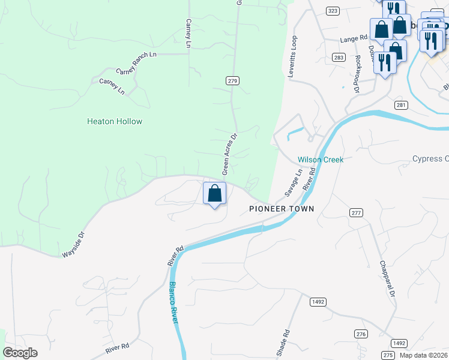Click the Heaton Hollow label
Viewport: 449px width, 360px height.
coord(115,121)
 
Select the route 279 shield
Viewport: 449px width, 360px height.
coord(234,81)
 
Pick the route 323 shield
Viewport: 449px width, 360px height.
coord(333,11)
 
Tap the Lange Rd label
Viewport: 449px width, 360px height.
coord(354,38)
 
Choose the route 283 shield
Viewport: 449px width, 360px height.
coord(339,57)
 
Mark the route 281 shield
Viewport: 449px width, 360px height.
coord(401,105)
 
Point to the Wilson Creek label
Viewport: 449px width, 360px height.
coord(321,160)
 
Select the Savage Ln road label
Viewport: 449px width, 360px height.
coord(292,182)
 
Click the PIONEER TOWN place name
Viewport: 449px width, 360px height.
coord(282,209)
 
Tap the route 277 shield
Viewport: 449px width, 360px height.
coord(357,213)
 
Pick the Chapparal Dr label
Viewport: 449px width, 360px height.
coord(387,278)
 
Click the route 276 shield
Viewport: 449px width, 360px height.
coord(360,334)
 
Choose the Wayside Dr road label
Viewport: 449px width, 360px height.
coord(74,245)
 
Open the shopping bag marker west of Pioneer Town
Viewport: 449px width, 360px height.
coord(214,194)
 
